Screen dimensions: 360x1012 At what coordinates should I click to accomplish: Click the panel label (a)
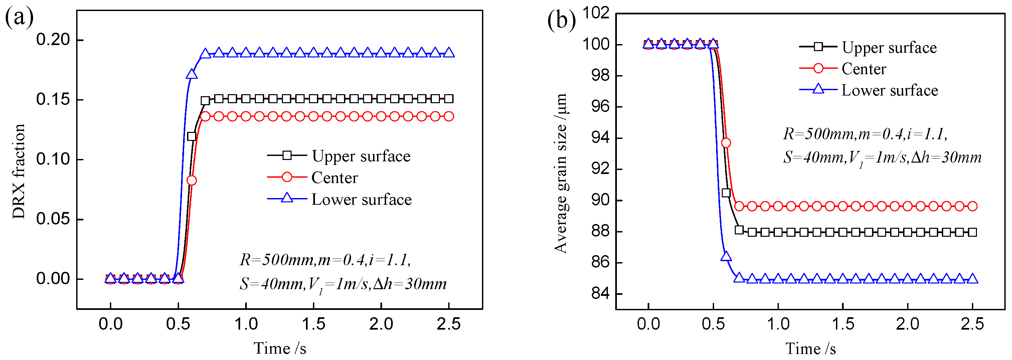point(19,18)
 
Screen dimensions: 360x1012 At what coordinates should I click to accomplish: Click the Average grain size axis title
point(560,173)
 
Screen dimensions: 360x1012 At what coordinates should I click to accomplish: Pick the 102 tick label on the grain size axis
point(596,13)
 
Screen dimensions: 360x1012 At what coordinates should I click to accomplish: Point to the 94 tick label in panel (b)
point(600,138)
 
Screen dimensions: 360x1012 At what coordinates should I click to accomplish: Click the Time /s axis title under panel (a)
point(280,348)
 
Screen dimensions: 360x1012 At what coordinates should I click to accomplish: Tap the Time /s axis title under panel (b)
point(811,348)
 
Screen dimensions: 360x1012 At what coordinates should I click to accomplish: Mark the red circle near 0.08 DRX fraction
point(191,180)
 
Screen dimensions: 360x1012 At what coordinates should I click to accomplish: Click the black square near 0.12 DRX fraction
point(191,136)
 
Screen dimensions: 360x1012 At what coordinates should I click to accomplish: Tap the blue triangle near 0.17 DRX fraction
point(191,74)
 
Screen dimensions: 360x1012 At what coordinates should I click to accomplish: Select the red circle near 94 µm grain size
point(726,143)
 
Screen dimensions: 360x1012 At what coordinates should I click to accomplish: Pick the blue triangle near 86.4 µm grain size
point(726,256)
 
